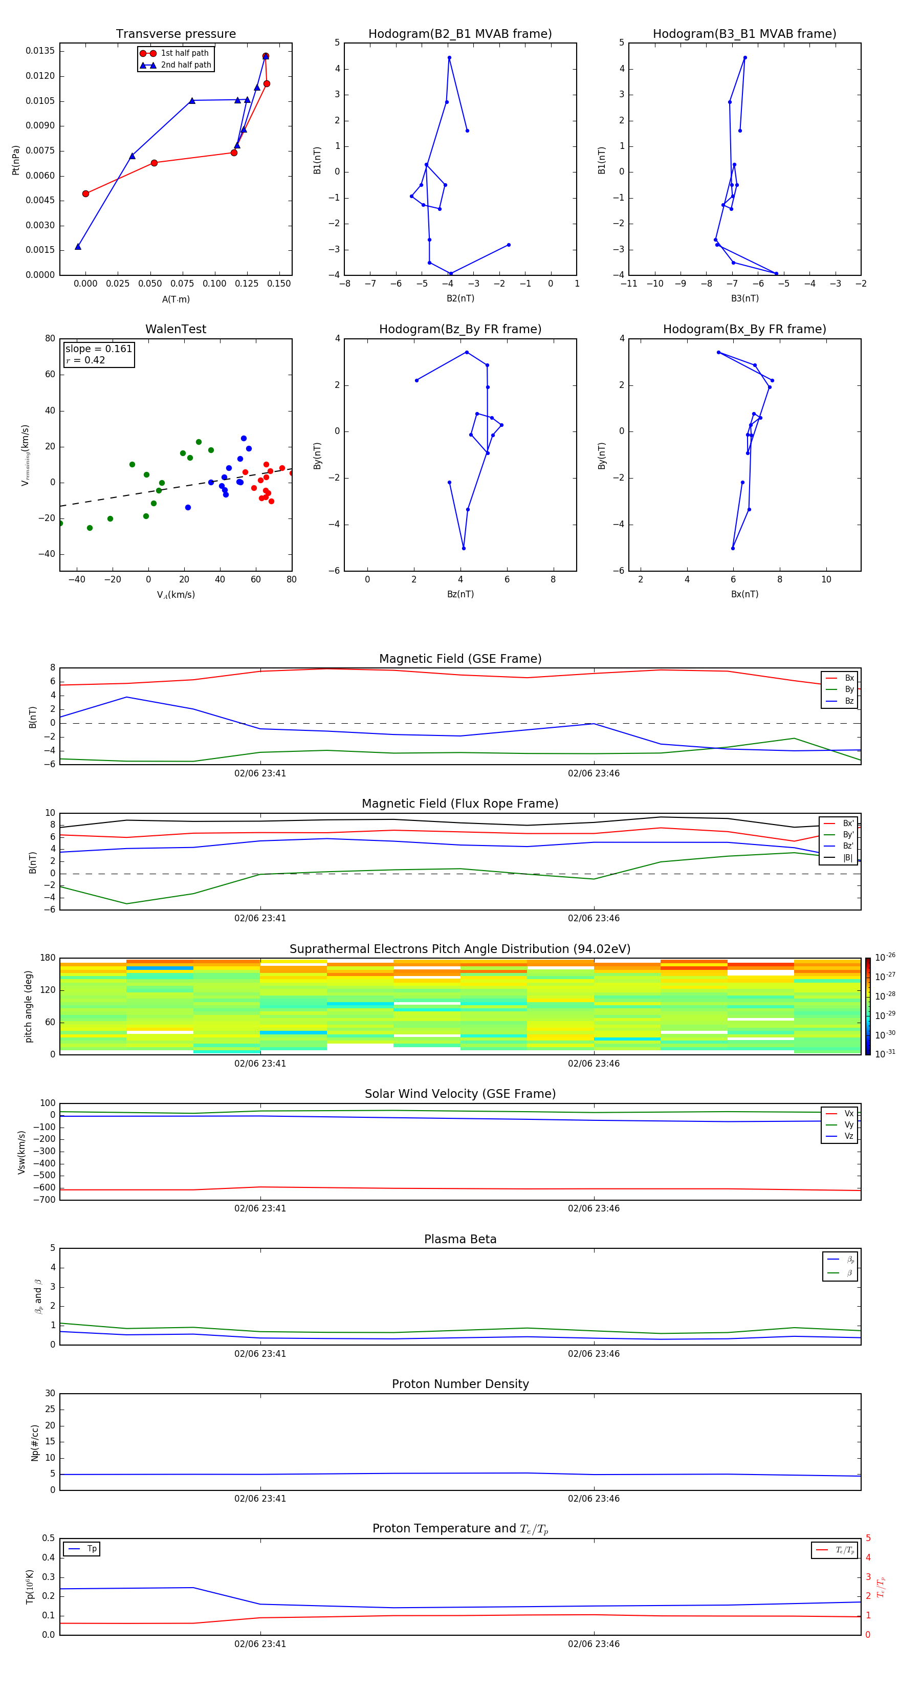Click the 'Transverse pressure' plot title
coord(176,34)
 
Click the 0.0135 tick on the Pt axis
coord(40,51)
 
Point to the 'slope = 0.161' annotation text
coord(98,349)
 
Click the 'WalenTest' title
coord(176,329)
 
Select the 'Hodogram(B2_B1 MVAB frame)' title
coord(459,34)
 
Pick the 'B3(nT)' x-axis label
coord(744,298)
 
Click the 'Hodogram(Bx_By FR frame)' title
coord(744,329)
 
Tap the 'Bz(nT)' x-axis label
coord(460,594)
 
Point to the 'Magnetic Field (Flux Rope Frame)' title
coord(459,804)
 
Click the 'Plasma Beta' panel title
coord(459,1239)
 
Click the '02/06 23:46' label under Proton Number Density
coord(593,1498)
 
